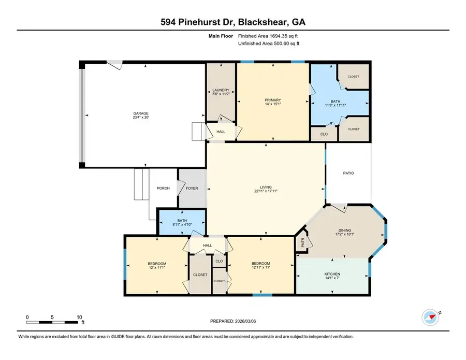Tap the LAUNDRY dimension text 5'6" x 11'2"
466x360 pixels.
pyautogui.click(x=221, y=94)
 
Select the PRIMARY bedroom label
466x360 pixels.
pyautogui.click(x=273, y=99)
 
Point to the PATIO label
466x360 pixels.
pyautogui.click(x=348, y=173)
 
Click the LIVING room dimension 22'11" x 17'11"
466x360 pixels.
pyautogui.click(x=266, y=191)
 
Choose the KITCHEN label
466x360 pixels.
pyautogui.click(x=333, y=273)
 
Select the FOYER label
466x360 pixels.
pyautogui.click(x=192, y=188)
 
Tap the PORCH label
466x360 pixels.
pyautogui.click(x=164, y=188)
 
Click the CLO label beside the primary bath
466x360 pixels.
pyautogui.click(x=323, y=134)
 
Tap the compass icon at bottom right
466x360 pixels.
pyautogui.click(x=430, y=316)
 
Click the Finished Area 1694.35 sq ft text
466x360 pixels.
pyautogui.click(x=269, y=36)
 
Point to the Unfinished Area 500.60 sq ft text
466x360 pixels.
pyautogui.click(x=269, y=44)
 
